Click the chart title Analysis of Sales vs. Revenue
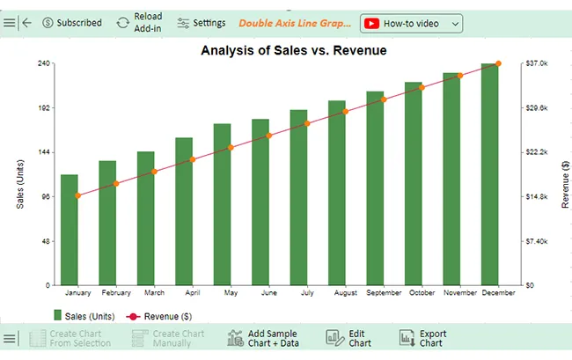294,50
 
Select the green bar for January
70,230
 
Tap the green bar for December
489,174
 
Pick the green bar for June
260,202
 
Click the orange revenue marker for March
154,172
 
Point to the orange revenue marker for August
346,112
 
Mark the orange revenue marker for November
460,76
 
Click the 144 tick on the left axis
44,152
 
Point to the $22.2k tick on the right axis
537,152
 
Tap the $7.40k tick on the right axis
537,241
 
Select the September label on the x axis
384,292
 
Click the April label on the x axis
193,292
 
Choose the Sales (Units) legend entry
84,316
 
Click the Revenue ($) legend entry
159,316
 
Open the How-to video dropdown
411,24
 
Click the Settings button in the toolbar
202,23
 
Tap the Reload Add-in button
139,22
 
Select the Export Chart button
422,338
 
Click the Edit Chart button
348,338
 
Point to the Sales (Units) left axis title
20,184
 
